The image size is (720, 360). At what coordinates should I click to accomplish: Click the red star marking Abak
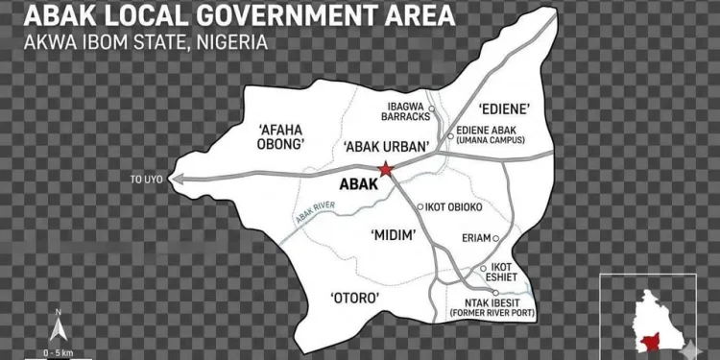[x=386, y=170]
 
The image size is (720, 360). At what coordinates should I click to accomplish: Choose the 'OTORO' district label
[x=355, y=298]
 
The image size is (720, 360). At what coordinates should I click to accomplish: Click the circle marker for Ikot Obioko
[x=420, y=206]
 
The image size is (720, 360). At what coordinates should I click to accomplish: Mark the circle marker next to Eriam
[x=496, y=238]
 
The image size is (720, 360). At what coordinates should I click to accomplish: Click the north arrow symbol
[x=59, y=327]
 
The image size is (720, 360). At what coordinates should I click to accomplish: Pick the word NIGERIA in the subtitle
[x=234, y=44]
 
